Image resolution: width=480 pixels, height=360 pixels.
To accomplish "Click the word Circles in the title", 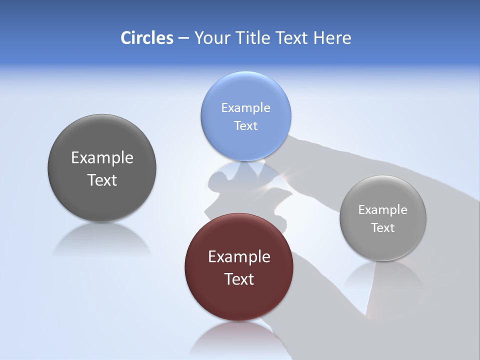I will pos(146,38).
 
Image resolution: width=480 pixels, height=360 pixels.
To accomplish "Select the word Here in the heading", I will pos(332,38).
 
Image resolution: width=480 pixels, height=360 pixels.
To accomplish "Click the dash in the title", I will pos(183,38).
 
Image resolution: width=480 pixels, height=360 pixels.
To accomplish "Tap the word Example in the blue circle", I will pos(245,107).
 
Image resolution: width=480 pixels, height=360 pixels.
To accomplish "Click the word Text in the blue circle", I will pos(245,125).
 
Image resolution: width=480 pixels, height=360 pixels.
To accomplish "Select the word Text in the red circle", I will pos(239,278).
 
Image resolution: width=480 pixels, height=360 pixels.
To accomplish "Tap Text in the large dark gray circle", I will pos(102,180).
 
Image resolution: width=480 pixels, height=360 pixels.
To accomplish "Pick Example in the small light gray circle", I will pos(382,209).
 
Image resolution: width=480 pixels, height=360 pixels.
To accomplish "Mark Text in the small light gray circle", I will pos(382,227).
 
